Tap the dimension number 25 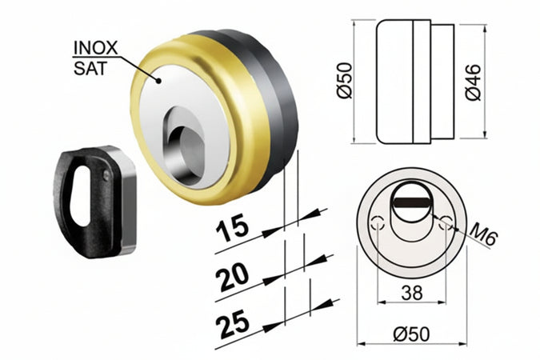click(232, 323)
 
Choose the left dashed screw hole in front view click(380, 226)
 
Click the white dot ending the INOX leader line click(160, 79)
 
